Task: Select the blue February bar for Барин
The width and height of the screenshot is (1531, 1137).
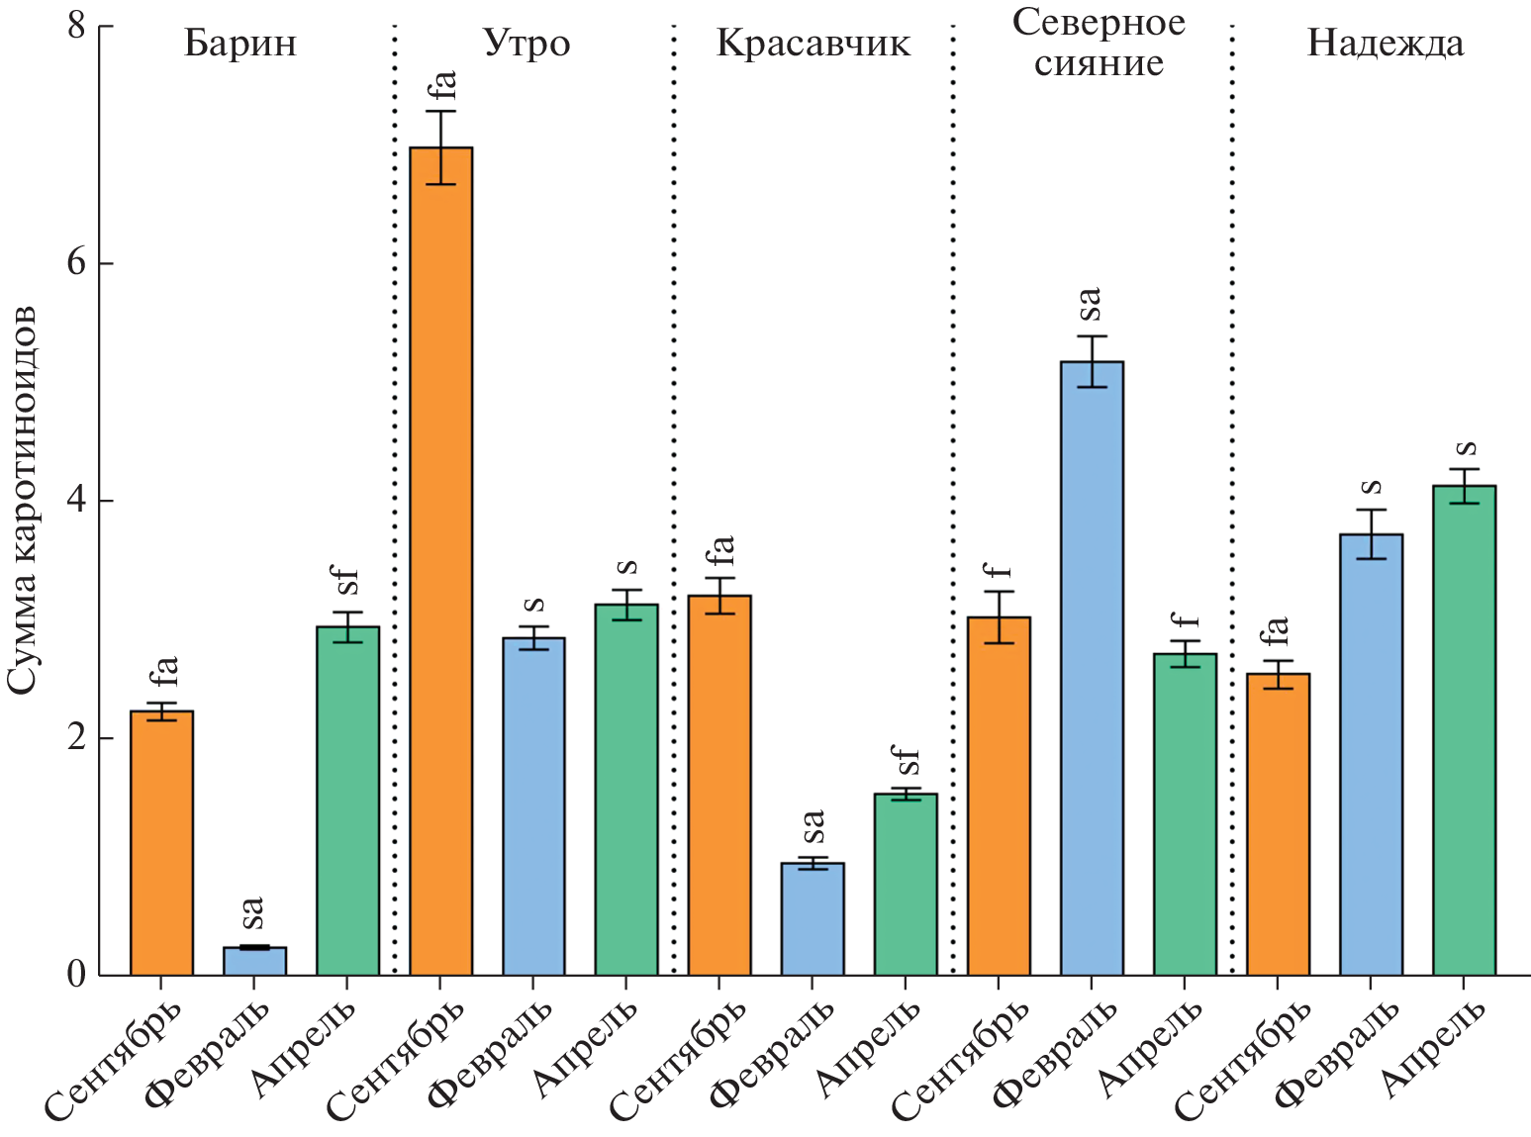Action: (x=254, y=961)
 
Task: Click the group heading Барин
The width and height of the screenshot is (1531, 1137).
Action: (x=240, y=45)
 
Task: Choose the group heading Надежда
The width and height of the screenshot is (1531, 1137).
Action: (x=1385, y=45)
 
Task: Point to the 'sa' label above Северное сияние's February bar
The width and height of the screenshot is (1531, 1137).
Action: (x=1089, y=304)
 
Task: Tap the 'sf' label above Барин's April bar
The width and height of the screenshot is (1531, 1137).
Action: (x=347, y=582)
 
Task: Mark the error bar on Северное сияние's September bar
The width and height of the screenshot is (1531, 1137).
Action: (x=999, y=617)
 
